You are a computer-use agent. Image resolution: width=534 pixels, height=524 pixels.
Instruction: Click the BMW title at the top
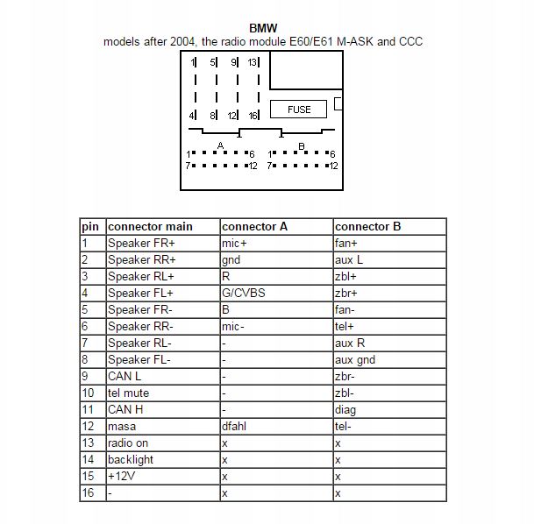[x=263, y=28]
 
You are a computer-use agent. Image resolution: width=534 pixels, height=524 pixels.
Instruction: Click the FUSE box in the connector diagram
[x=299, y=110]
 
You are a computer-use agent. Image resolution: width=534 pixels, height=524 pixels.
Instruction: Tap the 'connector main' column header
[x=150, y=226]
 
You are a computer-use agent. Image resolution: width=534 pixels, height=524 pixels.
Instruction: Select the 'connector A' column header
[x=254, y=226]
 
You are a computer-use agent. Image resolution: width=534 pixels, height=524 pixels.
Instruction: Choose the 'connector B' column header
[x=367, y=226]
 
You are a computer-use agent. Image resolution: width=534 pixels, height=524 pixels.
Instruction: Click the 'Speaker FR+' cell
[x=141, y=243]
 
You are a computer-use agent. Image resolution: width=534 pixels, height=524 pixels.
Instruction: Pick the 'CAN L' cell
[x=125, y=376]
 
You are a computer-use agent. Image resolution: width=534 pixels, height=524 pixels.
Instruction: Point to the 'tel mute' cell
[x=128, y=393]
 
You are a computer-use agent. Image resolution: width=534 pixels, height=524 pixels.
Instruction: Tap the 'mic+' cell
[x=234, y=243]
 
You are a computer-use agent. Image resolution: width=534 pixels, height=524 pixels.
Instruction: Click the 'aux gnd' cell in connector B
[x=354, y=359]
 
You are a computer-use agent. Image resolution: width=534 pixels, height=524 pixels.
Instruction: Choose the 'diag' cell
[x=345, y=409]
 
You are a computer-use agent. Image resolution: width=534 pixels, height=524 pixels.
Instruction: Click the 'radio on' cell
[x=128, y=443]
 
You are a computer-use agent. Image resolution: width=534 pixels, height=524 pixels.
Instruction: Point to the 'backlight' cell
[x=130, y=460]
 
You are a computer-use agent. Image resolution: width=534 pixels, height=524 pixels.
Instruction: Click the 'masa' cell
[x=122, y=426]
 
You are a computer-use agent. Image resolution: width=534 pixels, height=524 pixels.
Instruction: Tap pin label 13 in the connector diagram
[x=253, y=63]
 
